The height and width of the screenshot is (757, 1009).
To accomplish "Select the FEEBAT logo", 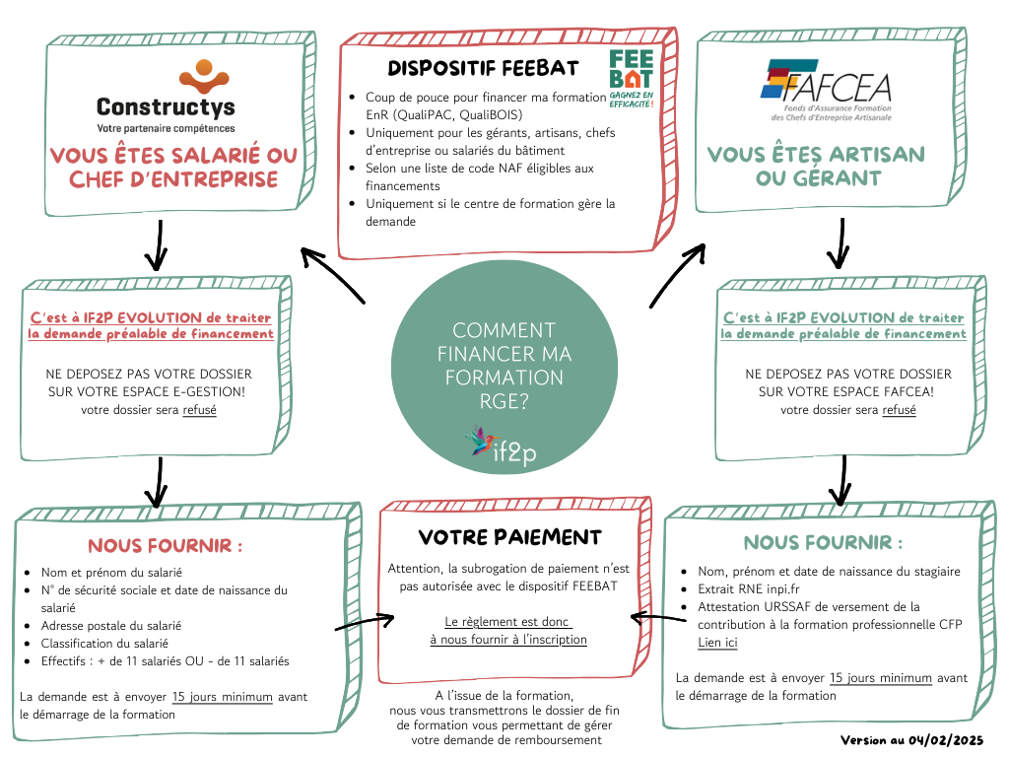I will [x=632, y=79].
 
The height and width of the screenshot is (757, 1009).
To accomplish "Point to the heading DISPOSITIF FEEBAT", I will [x=483, y=69].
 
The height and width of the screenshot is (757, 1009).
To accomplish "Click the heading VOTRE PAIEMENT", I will [x=509, y=537].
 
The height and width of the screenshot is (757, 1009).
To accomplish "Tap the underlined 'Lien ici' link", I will [x=717, y=643].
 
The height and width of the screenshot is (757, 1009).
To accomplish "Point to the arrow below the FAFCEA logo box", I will [x=841, y=243].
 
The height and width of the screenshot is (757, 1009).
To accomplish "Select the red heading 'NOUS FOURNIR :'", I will [x=165, y=546].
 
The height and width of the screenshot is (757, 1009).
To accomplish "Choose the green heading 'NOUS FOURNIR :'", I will [x=823, y=543].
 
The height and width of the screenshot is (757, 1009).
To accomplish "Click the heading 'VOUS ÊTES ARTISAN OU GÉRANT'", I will [x=816, y=167].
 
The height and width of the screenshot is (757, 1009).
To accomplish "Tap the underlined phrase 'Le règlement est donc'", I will [x=507, y=622].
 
